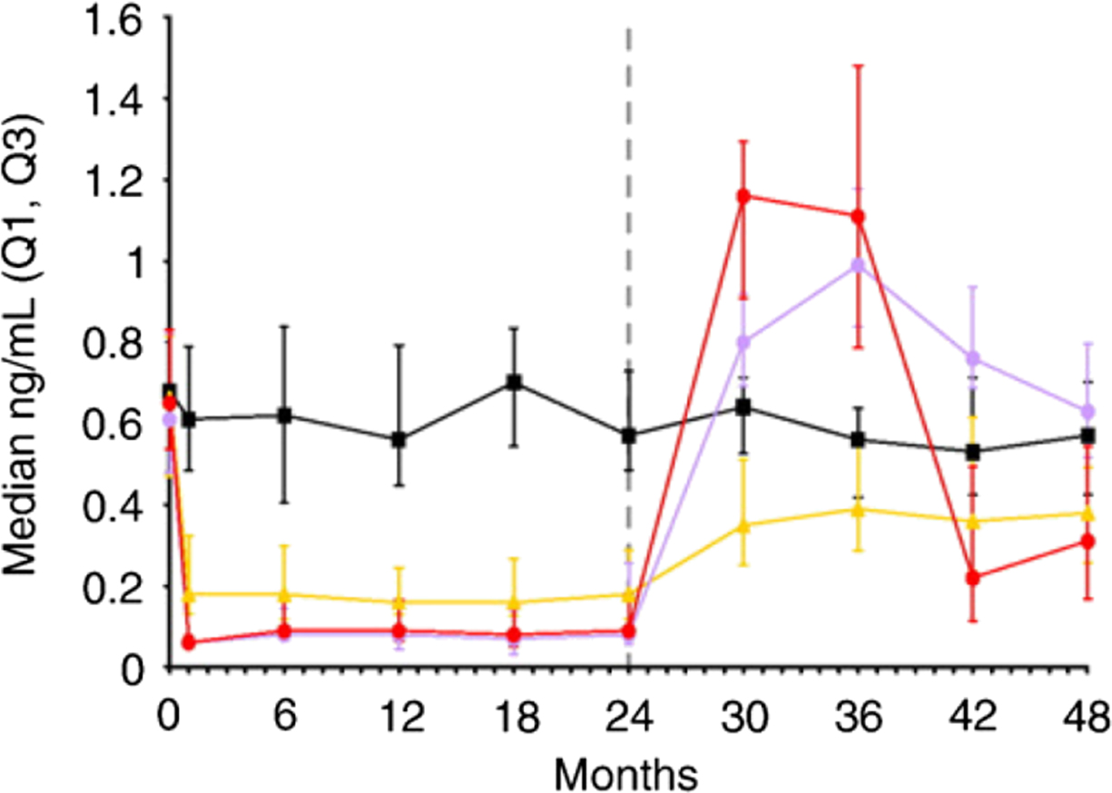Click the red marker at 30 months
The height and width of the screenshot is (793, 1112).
743,195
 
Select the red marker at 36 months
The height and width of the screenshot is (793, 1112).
858,216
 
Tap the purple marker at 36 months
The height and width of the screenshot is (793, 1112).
858,265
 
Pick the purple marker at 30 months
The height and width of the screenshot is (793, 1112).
743,342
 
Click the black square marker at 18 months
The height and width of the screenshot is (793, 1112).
514,382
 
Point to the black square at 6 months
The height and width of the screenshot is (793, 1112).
284,415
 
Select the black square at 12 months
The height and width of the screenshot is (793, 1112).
399,439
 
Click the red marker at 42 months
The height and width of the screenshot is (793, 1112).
973,578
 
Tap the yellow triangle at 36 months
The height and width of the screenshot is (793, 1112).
858,509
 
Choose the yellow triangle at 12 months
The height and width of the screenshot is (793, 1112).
399,602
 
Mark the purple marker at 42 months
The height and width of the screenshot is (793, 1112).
973,357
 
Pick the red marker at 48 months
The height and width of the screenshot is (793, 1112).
1087,542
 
